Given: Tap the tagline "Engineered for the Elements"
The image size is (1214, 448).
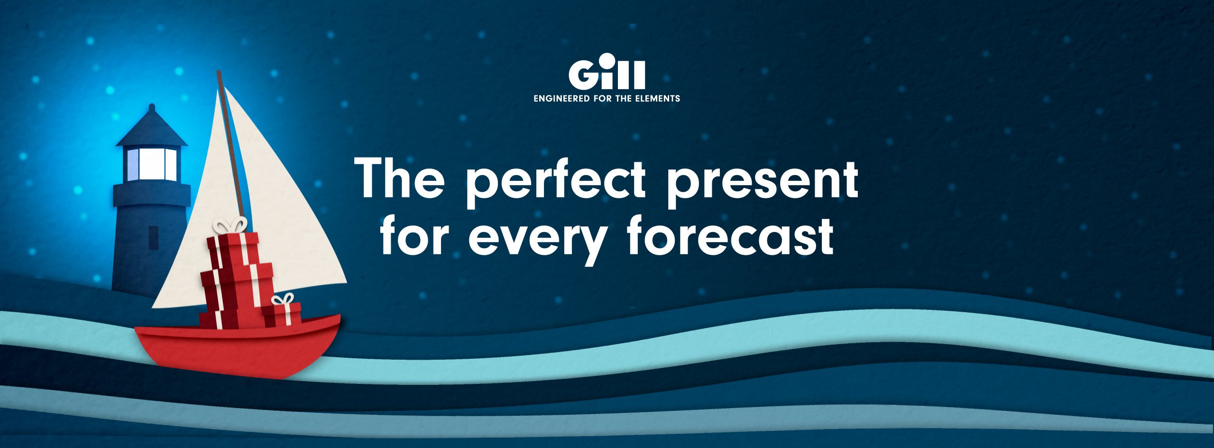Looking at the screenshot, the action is (x=607, y=99).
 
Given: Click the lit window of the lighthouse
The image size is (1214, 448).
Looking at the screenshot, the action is (x=152, y=164).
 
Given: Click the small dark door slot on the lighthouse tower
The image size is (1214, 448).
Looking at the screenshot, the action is (x=153, y=238).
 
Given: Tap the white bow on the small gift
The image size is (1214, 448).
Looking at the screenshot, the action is (x=283, y=299).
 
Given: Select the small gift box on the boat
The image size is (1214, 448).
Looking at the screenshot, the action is (x=282, y=315).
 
